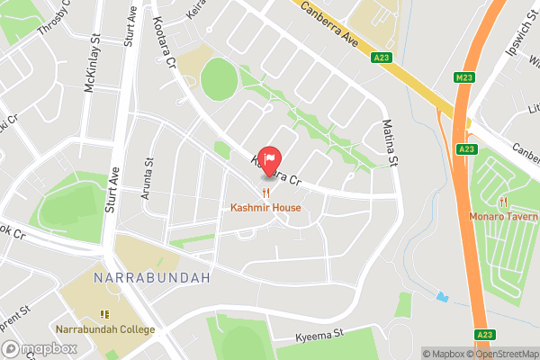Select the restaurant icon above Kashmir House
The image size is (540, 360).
[265, 193]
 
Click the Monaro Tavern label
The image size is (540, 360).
[503, 216]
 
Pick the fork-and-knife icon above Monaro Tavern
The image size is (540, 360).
[502, 201]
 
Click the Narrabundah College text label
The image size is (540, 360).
[103, 329]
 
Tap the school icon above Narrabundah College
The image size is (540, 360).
[103, 314]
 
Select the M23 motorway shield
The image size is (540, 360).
[464, 77]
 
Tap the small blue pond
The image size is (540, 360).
[441, 296]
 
